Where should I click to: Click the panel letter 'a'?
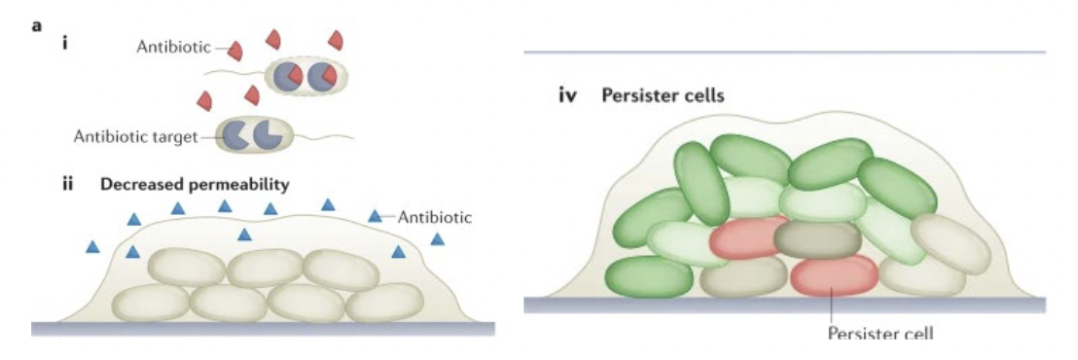(37, 25)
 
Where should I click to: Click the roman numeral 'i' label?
(64, 43)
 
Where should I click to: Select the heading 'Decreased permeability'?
(196, 183)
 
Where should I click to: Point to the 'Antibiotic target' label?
(134, 136)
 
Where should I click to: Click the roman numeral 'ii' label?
(69, 183)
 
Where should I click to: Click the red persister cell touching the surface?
(834, 275)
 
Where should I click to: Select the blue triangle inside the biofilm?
(245, 234)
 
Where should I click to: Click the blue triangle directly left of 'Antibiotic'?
(376, 215)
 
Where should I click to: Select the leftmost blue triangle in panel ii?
(92, 247)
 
